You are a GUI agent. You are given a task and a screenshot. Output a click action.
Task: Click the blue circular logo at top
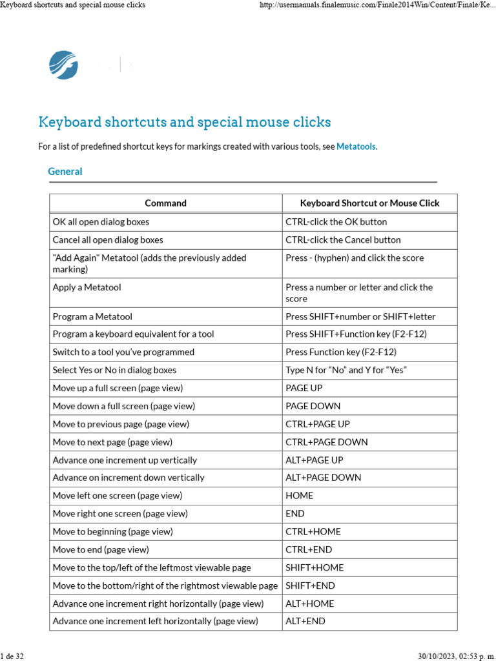point(63,65)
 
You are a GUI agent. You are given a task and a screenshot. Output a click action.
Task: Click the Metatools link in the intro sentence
point(356,147)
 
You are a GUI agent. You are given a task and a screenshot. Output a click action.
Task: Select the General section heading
point(65,172)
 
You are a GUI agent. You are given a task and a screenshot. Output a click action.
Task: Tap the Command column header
point(165,203)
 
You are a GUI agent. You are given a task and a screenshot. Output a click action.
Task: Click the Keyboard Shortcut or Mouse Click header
point(369,203)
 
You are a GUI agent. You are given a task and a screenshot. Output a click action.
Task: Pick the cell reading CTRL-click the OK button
point(336,222)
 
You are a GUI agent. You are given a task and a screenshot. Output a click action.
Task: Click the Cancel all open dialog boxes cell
point(108,240)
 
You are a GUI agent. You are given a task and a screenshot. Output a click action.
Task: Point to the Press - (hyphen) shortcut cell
point(355,258)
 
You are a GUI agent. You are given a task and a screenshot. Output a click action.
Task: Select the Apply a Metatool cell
point(87,287)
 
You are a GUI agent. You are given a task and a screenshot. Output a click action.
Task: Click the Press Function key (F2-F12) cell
point(341,352)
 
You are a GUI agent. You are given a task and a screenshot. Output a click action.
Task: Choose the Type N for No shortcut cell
point(346,371)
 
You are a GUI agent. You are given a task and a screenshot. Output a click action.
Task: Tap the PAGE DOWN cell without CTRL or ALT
point(313,407)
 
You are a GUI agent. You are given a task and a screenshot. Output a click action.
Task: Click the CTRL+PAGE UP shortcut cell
point(318,424)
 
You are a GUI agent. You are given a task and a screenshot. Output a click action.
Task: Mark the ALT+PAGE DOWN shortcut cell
point(324,478)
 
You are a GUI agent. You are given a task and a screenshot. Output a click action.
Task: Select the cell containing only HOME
point(300,496)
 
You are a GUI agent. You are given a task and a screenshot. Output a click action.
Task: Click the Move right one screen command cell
point(120,514)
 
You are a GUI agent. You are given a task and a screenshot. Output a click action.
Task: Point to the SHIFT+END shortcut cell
point(311,586)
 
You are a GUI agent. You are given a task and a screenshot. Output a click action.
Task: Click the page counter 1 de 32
point(12,656)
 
